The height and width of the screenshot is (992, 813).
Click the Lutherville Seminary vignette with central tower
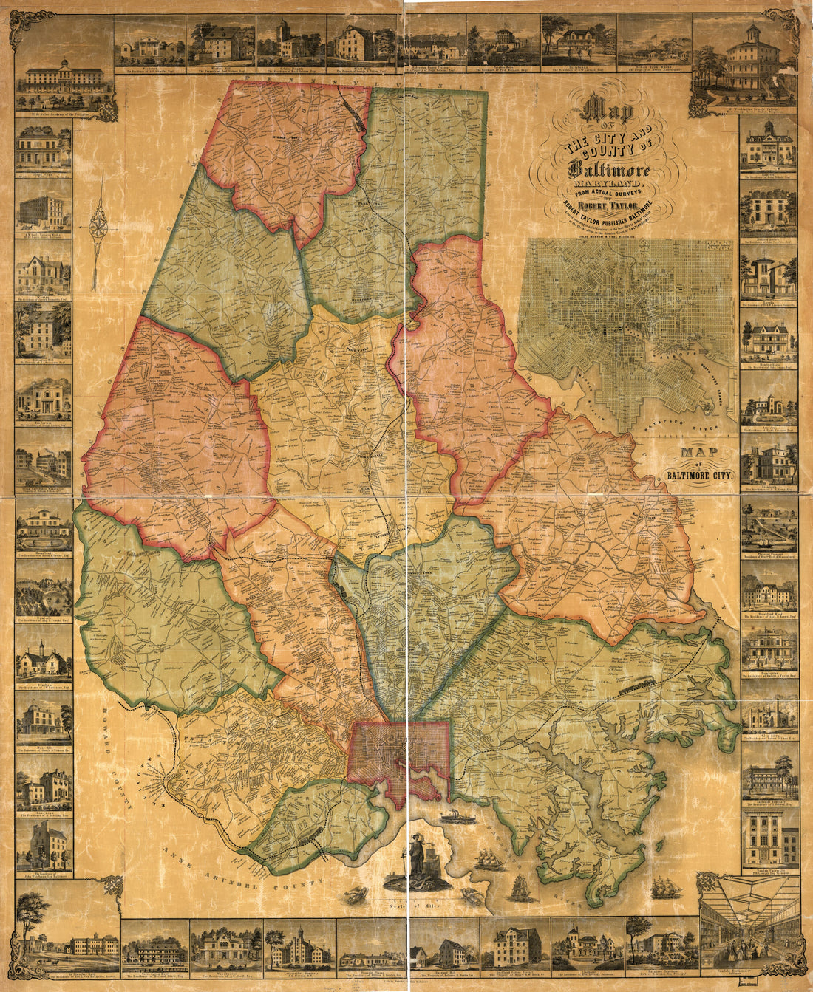tap(299, 945)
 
